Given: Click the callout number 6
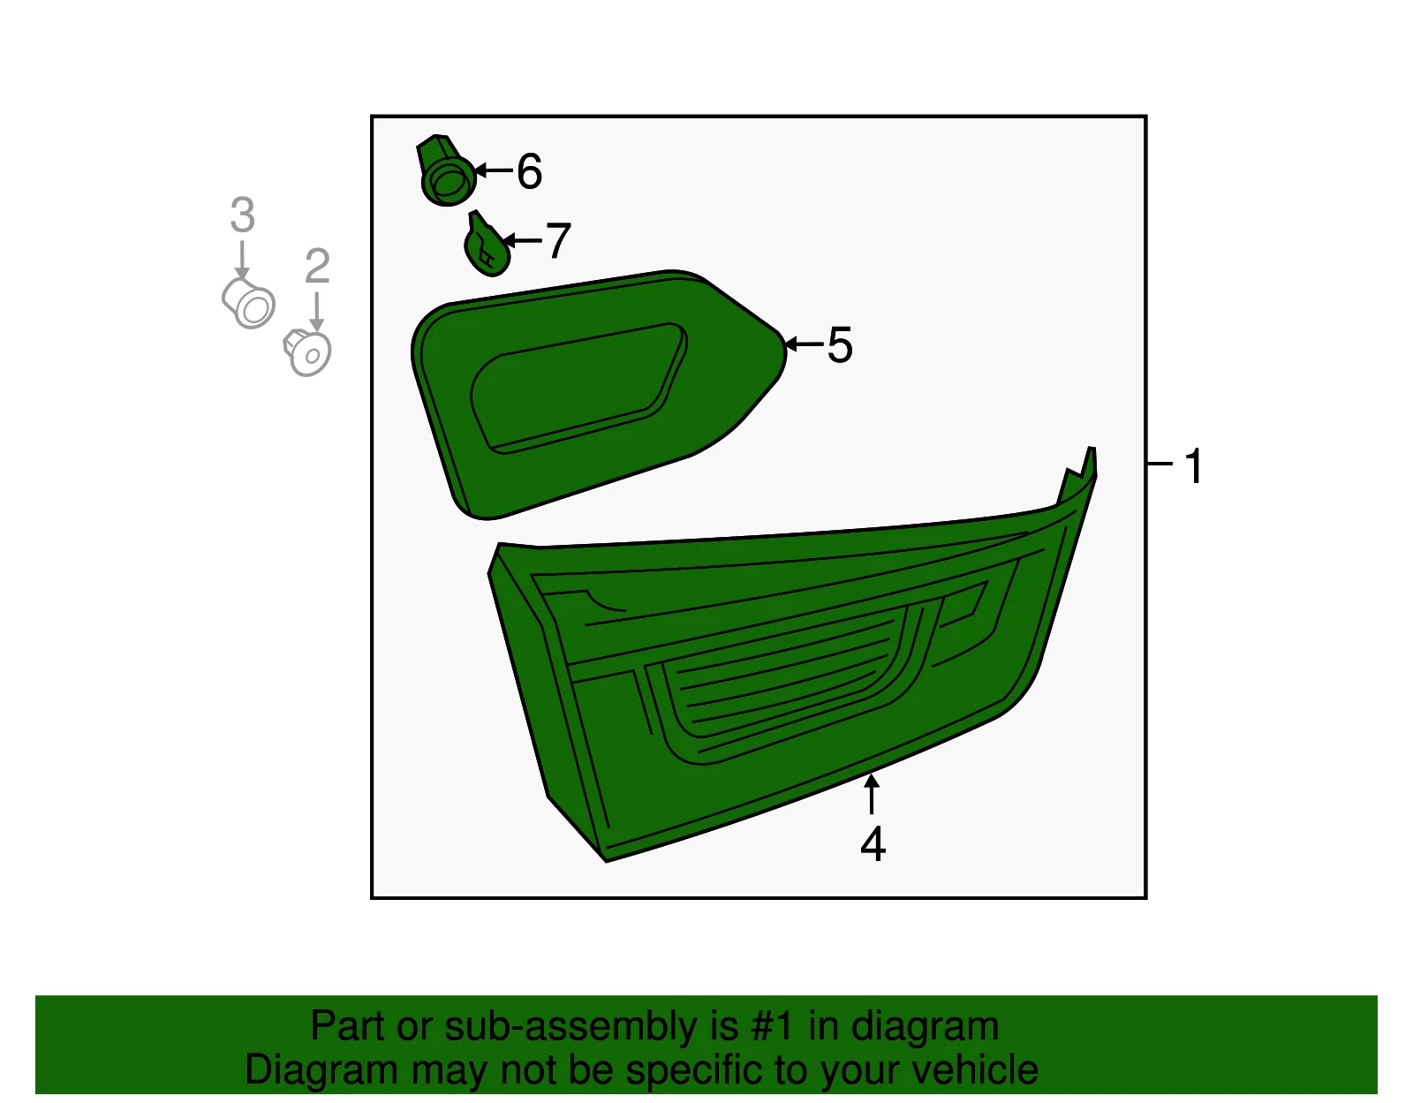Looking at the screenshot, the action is tap(529, 171).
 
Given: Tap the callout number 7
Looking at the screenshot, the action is tap(558, 240).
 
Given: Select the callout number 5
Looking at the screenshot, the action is tap(840, 345).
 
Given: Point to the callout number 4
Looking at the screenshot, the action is tap(873, 843).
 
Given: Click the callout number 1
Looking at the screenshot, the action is tap(1194, 466).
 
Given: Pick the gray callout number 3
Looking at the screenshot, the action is tap(243, 215).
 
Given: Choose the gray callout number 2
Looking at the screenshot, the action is tap(317, 266).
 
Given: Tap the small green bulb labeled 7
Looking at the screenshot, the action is tap(487, 244).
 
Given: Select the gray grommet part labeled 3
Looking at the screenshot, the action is tap(248, 304).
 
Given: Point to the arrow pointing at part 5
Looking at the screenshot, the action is tap(805, 344).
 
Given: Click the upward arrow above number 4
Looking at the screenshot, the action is tap(872, 794).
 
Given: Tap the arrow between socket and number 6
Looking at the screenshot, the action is tap(495, 170).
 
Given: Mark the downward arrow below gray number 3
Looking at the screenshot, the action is tap(242, 260).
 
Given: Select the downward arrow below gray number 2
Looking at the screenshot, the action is tap(317, 312).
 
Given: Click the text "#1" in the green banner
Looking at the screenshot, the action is tap(772, 1025).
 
